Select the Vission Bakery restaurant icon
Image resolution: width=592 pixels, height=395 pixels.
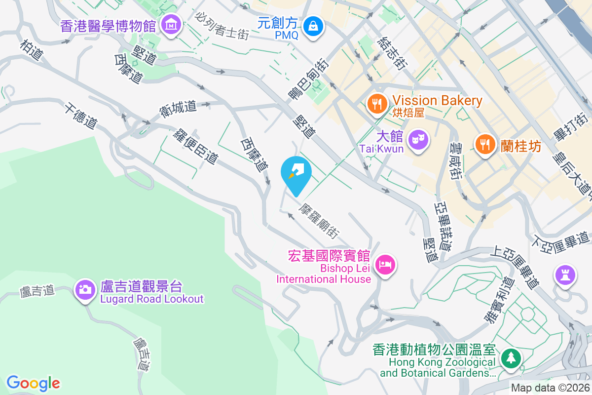(x=377, y=103)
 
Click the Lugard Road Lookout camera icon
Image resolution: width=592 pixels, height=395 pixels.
(x=85, y=289)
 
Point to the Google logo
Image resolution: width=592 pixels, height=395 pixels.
(x=34, y=383)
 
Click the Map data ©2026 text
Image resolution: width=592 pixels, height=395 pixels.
(x=550, y=388)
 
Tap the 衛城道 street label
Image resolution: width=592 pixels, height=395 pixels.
(x=178, y=110)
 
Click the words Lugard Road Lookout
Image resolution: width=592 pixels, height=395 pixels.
(x=151, y=299)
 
